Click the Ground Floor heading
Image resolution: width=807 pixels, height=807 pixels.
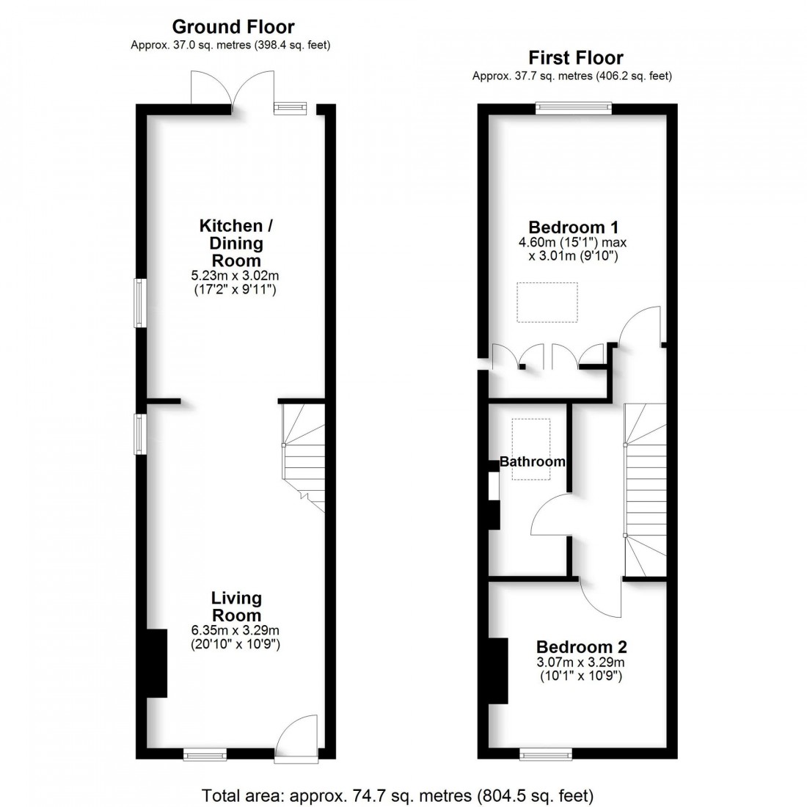[233, 27]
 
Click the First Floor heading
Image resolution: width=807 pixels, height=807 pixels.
[575, 58]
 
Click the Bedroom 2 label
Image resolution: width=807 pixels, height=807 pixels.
[581, 647]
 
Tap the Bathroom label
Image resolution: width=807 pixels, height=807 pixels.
[533, 461]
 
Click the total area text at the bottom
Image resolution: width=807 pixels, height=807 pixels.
[398, 795]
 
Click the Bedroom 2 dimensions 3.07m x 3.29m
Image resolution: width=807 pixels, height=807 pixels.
[581, 668]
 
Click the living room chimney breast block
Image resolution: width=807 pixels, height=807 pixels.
[156, 663]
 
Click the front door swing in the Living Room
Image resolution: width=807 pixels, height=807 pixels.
[299, 734]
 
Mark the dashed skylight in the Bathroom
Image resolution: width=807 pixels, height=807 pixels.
[531, 448]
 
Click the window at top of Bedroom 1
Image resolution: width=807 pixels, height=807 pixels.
[573, 108]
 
